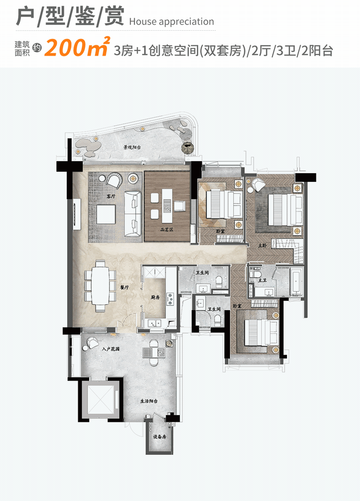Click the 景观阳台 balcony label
click(x=132, y=148)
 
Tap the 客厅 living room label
click(x=111, y=196)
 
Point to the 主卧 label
click(x=262, y=245)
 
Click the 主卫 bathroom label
click(x=263, y=279)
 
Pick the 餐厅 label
click(x=124, y=287)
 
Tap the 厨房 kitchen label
click(x=155, y=298)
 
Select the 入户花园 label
click(x=110, y=349)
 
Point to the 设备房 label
click(x=159, y=437)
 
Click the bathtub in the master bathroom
click(x=296, y=280)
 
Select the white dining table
click(x=100, y=285)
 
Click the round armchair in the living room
click(x=114, y=180)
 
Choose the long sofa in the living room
click(x=132, y=214)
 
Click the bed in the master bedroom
click(x=280, y=210)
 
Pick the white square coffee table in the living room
click(x=107, y=215)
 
